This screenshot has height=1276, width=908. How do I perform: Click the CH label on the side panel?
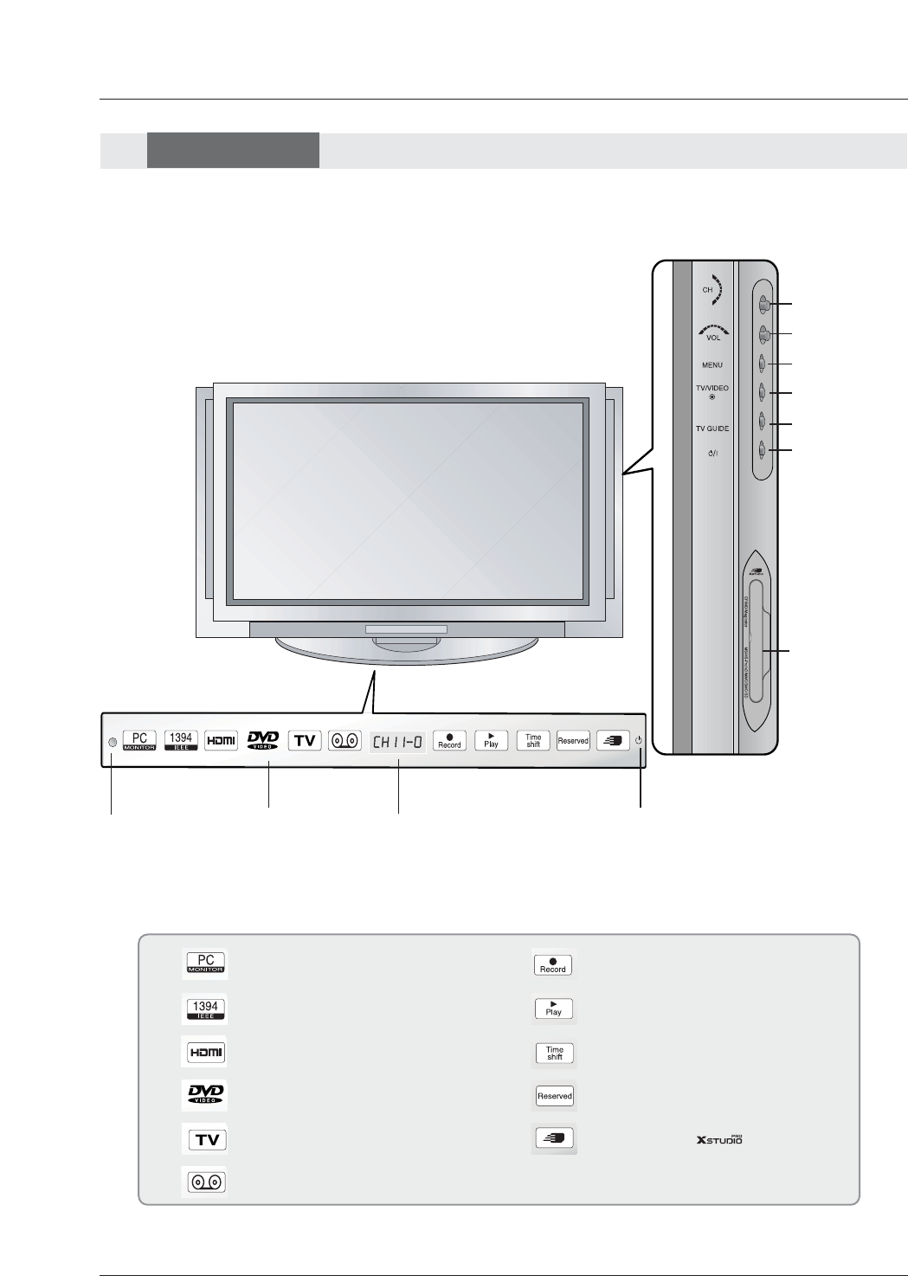click(x=707, y=290)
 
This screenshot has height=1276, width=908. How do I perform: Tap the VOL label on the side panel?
click(x=713, y=338)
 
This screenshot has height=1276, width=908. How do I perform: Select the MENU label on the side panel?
click(x=712, y=365)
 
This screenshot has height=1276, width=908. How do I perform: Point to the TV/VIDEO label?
click(x=712, y=389)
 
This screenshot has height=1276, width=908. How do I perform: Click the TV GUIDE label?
click(x=712, y=429)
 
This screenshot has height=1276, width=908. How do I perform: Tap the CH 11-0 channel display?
click(x=398, y=742)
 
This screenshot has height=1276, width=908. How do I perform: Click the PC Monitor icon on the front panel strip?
click(x=139, y=741)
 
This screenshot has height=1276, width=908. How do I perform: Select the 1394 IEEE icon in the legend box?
click(x=205, y=1009)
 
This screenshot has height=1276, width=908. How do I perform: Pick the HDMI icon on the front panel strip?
click(x=222, y=740)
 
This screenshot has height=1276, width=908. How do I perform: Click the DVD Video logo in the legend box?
click(x=206, y=1095)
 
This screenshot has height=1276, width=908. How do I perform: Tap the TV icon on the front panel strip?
click(x=305, y=741)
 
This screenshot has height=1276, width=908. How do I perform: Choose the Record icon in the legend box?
click(x=553, y=964)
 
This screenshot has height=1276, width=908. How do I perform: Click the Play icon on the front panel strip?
click(x=491, y=741)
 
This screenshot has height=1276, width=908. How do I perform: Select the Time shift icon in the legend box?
click(x=554, y=1053)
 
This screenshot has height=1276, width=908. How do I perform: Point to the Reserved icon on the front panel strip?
click(x=573, y=741)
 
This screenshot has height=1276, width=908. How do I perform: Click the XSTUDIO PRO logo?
click(x=719, y=1139)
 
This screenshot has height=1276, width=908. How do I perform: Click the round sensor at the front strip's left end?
click(x=112, y=743)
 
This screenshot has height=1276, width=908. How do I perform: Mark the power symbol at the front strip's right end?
click(x=639, y=741)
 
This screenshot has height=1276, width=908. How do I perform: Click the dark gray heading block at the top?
click(x=233, y=150)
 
